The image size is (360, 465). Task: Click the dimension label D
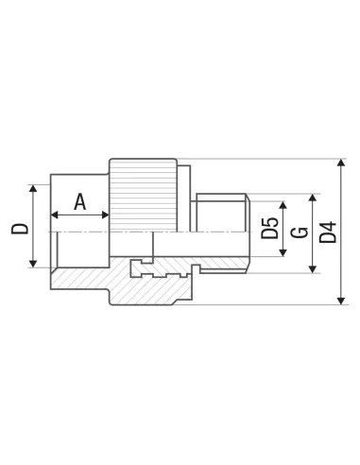click(20, 229)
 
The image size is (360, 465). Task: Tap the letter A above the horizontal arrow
click(80, 202)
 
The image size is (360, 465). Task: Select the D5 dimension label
click(270, 228)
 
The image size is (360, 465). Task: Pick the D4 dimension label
click(328, 232)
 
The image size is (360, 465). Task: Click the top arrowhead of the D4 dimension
click(341, 163)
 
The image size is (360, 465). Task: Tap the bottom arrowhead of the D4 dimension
click(341, 301)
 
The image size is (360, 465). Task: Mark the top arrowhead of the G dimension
click(313, 198)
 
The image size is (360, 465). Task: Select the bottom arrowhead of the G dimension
click(313, 269)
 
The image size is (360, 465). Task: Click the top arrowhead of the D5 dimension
click(283, 205)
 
